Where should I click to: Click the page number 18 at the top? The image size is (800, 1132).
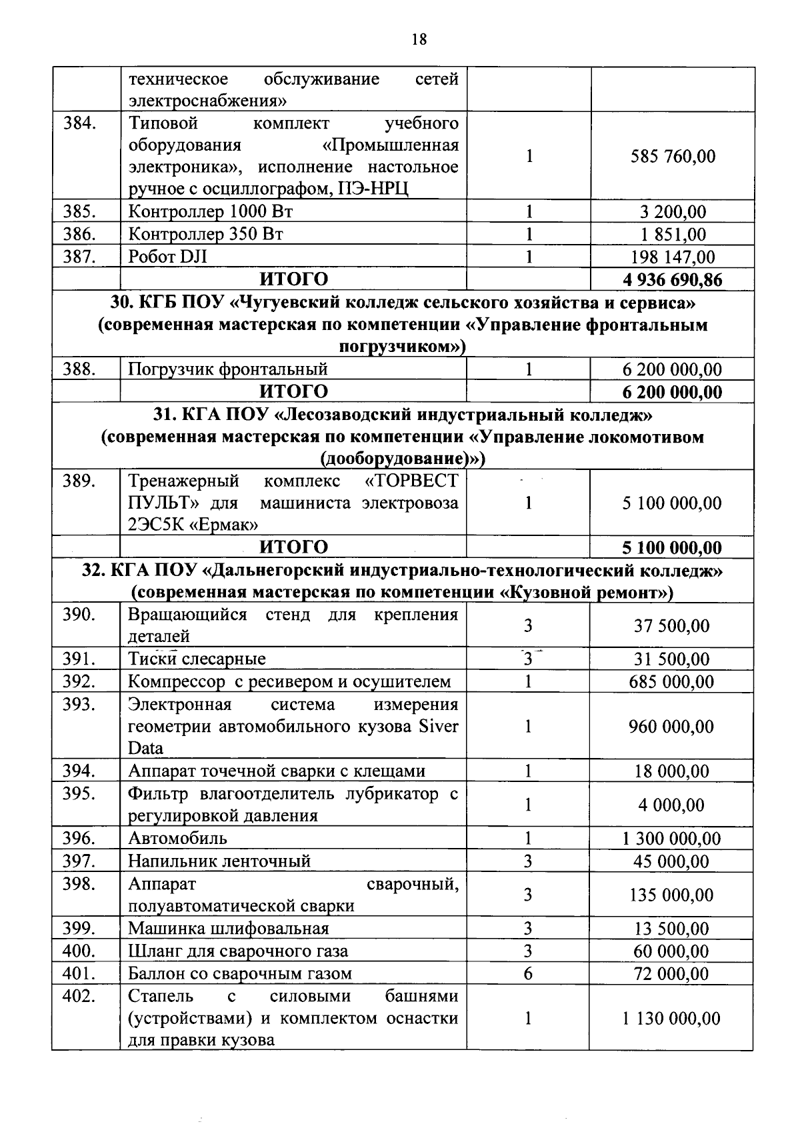419,39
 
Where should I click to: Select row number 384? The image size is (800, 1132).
79,123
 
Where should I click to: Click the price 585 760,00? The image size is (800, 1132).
672,157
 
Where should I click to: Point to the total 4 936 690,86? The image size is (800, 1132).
672,279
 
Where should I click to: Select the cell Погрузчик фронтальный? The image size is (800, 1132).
227,369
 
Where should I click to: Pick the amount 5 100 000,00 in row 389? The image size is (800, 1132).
672,503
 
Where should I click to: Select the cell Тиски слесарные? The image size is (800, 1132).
197,659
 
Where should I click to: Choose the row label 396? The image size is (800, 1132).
79,838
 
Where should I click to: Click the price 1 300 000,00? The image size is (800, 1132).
671,839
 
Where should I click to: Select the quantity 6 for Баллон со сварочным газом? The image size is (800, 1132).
527,973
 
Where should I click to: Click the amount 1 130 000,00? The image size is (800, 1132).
671,1018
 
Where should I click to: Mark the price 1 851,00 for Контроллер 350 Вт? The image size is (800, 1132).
672,235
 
